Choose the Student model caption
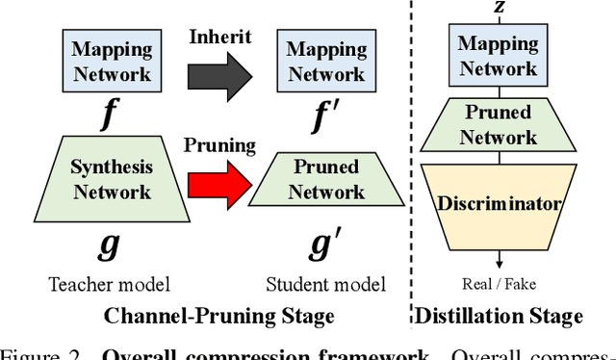click(326, 284)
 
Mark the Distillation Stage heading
click(498, 316)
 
